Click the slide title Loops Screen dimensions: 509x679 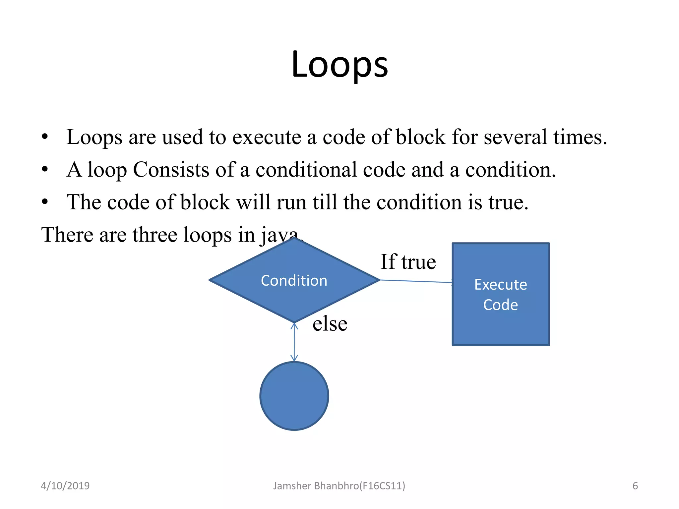tap(339, 64)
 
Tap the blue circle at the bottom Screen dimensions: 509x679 tap(294, 396)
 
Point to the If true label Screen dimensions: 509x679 tap(408, 262)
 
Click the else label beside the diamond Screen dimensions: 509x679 tap(330, 324)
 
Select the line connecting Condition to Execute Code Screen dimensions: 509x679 tap(416, 281)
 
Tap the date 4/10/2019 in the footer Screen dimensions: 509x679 tap(65, 486)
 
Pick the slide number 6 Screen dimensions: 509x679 tap(635, 486)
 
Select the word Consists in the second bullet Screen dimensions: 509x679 tap(171, 170)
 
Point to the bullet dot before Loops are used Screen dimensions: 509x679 tap(45, 137)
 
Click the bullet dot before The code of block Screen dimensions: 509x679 tap(45, 202)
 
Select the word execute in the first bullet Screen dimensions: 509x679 tap(267, 137)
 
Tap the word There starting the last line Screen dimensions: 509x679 tap(67, 235)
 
